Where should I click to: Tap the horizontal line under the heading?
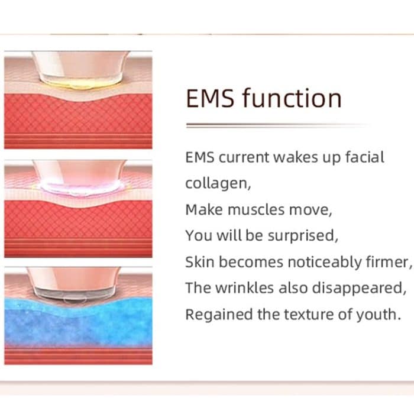278,125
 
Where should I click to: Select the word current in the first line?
244,158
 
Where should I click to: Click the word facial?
364,158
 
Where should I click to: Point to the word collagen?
218,184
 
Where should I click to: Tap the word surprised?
305,236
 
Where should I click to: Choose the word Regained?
214,314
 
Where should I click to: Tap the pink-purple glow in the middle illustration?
80,188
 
